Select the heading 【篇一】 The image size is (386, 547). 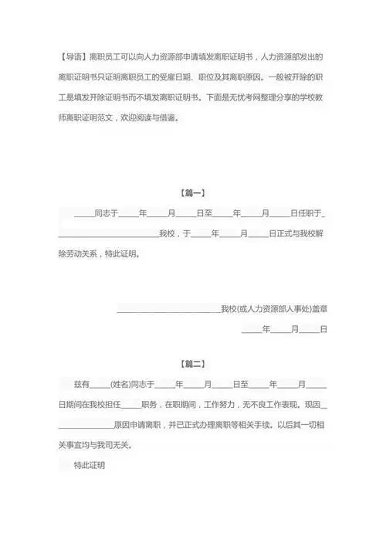click(x=193, y=192)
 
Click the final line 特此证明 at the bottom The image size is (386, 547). click(x=89, y=466)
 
